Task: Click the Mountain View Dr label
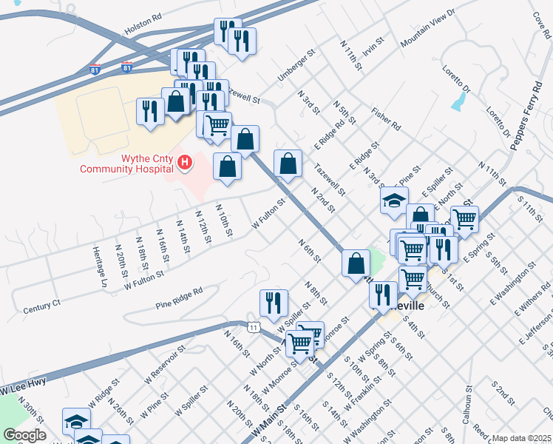tap(428, 31)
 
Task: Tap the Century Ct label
tap(41, 307)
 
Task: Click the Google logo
tap(24, 434)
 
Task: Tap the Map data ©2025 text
tap(521, 438)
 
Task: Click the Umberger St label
tap(296, 72)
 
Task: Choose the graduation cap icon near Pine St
tap(395, 201)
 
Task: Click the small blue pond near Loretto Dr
tap(458, 102)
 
